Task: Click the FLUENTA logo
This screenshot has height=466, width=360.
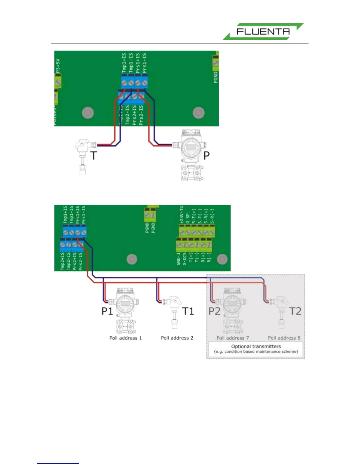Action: click(263, 31)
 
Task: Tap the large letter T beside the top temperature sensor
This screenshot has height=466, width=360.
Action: click(93, 155)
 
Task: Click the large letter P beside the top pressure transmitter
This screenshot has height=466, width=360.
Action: click(207, 155)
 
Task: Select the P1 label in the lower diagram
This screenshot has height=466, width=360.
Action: click(107, 311)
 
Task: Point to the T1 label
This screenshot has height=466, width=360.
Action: click(188, 311)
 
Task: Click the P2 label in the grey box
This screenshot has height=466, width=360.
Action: click(214, 311)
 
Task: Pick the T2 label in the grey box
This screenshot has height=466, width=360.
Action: click(295, 311)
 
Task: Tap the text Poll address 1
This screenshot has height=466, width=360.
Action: click(126, 338)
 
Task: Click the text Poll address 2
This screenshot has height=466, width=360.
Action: click(177, 338)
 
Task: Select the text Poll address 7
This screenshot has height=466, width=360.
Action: click(233, 338)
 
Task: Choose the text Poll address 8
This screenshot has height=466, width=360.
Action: click(284, 338)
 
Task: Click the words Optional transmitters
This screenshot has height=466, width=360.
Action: click(256, 346)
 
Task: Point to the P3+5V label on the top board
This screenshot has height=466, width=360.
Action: click(58, 66)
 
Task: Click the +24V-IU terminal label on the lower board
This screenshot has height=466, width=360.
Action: click(181, 215)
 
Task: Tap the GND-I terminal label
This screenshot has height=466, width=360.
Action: click(179, 259)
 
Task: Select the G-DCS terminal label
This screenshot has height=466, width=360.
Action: click(184, 259)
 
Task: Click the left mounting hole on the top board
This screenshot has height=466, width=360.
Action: click(87, 113)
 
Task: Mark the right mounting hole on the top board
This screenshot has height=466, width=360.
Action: click(199, 113)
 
